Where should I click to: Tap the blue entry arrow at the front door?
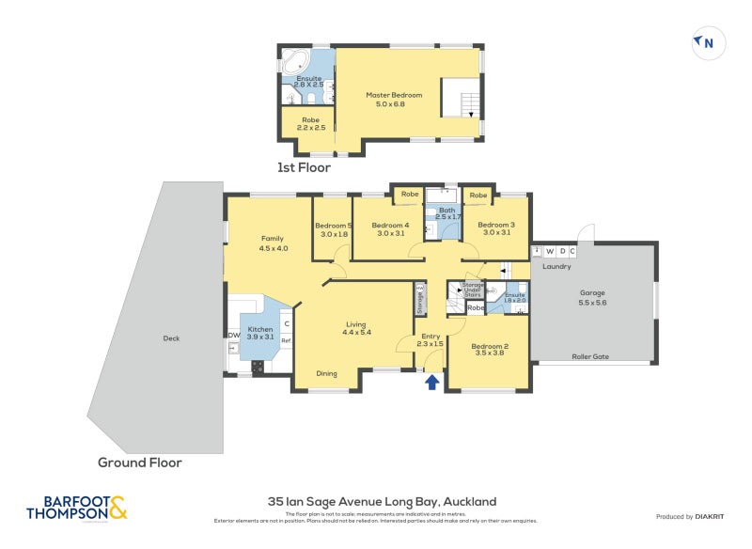click(432, 382)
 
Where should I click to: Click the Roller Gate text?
click(591, 356)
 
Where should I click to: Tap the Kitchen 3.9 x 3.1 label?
click(259, 334)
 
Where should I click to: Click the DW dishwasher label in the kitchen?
click(233, 336)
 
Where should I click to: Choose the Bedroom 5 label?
click(334, 230)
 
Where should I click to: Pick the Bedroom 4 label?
click(390, 229)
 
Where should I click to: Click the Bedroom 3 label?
click(495, 229)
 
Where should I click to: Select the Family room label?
click(273, 243)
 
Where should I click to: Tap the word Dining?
click(326, 373)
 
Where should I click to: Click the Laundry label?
click(556, 266)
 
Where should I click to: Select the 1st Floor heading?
click(304, 167)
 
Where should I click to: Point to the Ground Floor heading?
click(140, 463)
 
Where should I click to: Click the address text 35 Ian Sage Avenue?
click(382, 502)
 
